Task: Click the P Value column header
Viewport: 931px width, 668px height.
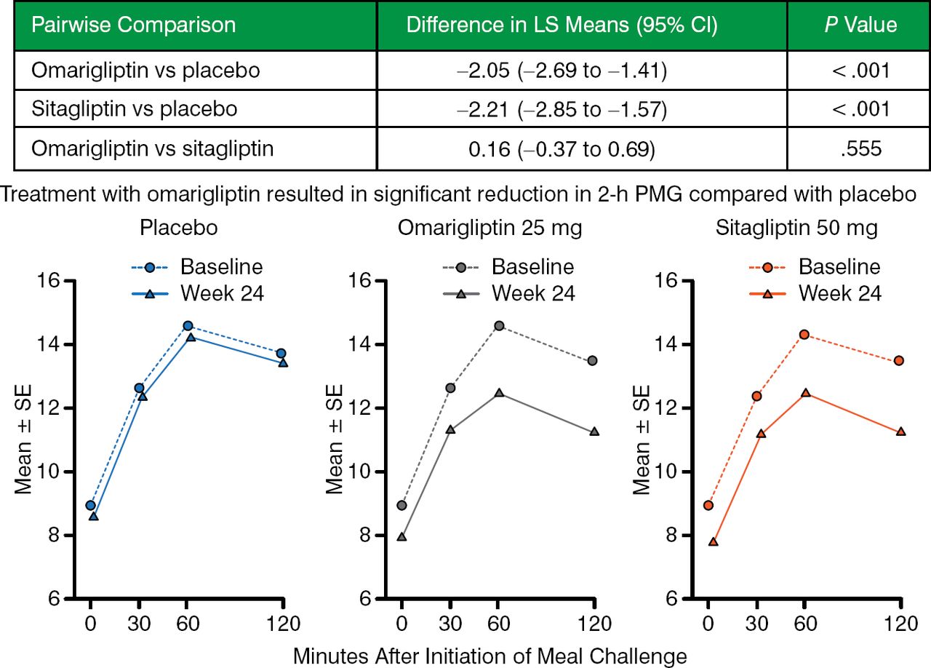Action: pos(858,25)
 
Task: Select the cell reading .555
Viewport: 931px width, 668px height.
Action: pos(858,150)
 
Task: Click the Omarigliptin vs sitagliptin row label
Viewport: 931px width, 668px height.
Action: pos(153,150)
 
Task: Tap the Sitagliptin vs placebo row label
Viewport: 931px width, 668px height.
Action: pos(135,110)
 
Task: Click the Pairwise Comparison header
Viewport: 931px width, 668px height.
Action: pos(133,25)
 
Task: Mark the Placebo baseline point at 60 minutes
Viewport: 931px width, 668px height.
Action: pos(188,325)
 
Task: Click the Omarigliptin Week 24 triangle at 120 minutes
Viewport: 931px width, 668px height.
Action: pos(594,432)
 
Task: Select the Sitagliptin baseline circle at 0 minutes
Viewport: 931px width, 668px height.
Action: pos(708,505)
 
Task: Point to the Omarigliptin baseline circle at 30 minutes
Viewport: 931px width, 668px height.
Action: pos(450,388)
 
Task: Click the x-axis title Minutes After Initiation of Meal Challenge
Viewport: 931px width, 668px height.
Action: pos(490,656)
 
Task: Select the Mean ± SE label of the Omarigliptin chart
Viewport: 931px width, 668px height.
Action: pos(335,440)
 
